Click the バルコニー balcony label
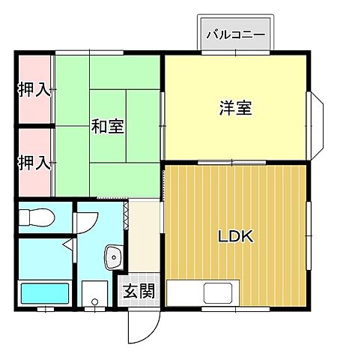(235, 34)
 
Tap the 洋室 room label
(235, 108)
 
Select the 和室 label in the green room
(108, 126)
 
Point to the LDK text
(236, 238)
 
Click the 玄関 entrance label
(139, 291)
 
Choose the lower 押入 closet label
(34, 161)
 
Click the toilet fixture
(35, 218)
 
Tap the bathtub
(44, 292)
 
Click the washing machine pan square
(94, 293)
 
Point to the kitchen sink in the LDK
(219, 293)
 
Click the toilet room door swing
(86, 222)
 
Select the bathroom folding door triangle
(67, 243)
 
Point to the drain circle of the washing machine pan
(94, 302)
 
